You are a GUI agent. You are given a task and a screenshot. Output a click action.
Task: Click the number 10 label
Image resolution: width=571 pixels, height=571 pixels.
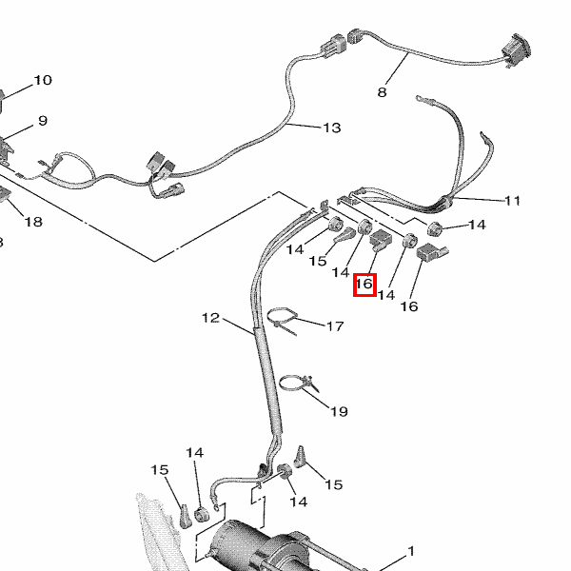pos(43,80)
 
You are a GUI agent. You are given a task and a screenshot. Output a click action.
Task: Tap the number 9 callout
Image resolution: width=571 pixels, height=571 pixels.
pos(42,121)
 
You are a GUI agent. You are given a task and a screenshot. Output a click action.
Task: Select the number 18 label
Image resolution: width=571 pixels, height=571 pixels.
pos(33,222)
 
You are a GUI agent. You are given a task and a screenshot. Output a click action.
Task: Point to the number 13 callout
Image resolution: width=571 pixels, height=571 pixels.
pos(331,128)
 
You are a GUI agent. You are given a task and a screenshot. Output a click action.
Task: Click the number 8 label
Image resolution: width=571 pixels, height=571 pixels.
pos(383,92)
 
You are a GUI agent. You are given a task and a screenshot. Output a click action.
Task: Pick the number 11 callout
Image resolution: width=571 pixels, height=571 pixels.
pos(513,200)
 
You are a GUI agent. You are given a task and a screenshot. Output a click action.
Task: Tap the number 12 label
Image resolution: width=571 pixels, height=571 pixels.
pos(210,317)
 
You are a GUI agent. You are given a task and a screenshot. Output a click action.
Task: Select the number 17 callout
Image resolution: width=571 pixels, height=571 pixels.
pos(334,326)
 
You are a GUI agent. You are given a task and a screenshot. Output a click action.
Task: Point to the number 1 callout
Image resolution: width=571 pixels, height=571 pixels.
pos(411,551)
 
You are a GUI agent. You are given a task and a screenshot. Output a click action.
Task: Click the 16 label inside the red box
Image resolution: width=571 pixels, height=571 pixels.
pos(364,284)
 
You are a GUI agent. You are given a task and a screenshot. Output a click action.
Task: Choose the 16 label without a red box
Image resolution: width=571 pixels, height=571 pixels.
pos(408,305)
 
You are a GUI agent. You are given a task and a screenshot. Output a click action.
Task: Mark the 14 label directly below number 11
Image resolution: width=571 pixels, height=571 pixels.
pos(477,225)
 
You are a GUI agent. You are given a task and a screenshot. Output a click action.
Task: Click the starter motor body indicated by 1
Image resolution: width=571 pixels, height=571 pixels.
pos(257,547)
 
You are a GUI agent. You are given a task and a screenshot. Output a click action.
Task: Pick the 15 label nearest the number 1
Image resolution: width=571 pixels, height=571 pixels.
pos(334,484)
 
